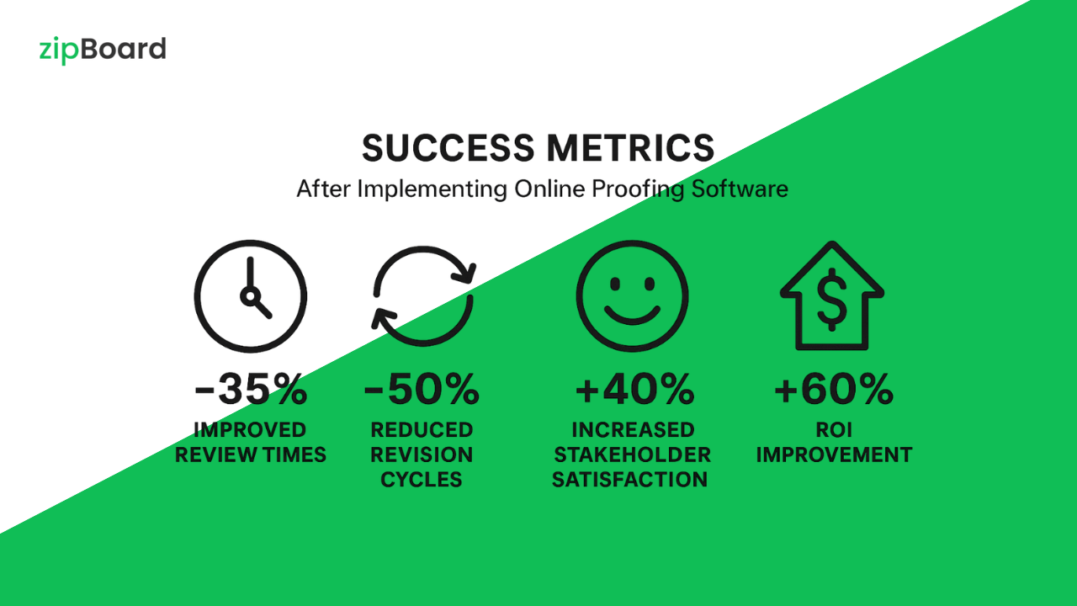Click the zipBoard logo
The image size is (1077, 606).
pyautogui.click(x=103, y=50)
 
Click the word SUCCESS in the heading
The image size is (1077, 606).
pyautogui.click(x=448, y=147)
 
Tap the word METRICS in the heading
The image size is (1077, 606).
pyautogui.click(x=630, y=147)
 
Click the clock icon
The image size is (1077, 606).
pyautogui.click(x=251, y=296)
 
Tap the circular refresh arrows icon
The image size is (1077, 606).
pyautogui.click(x=423, y=295)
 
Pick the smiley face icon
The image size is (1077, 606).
pyautogui.click(x=632, y=295)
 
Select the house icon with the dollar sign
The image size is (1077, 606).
pyautogui.click(x=832, y=295)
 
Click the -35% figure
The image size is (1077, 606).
pyautogui.click(x=251, y=389)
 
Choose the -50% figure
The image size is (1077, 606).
pyautogui.click(x=422, y=389)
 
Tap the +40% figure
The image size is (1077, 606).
pyautogui.click(x=635, y=389)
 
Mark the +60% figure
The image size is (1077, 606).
pyautogui.click(x=834, y=389)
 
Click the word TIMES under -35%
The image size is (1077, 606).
pyautogui.click(x=294, y=455)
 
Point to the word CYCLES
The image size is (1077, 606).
pyautogui.click(x=422, y=480)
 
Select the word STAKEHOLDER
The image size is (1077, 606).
pyautogui.click(x=632, y=455)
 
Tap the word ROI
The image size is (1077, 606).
pyautogui.click(x=834, y=430)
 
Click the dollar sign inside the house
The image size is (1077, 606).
pyautogui.click(x=832, y=299)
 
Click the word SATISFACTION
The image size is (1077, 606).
pyautogui.click(x=630, y=480)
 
